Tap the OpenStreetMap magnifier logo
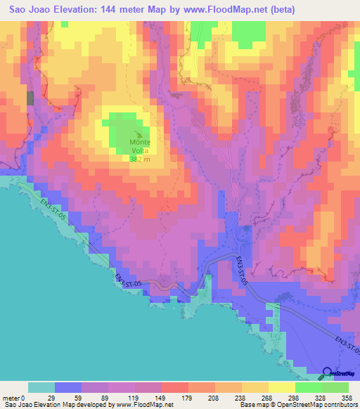tap(329, 374)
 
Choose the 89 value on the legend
tap(108, 398)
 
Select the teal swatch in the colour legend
tap(41, 388)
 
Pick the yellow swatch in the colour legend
tap(281, 388)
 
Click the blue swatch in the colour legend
tap(68, 388)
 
